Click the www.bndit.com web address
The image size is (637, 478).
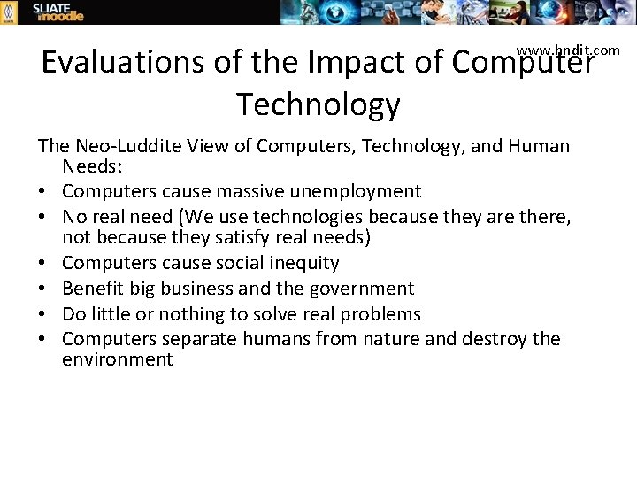click(x=568, y=50)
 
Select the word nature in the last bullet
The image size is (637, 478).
click(x=389, y=340)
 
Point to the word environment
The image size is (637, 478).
click(x=118, y=359)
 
